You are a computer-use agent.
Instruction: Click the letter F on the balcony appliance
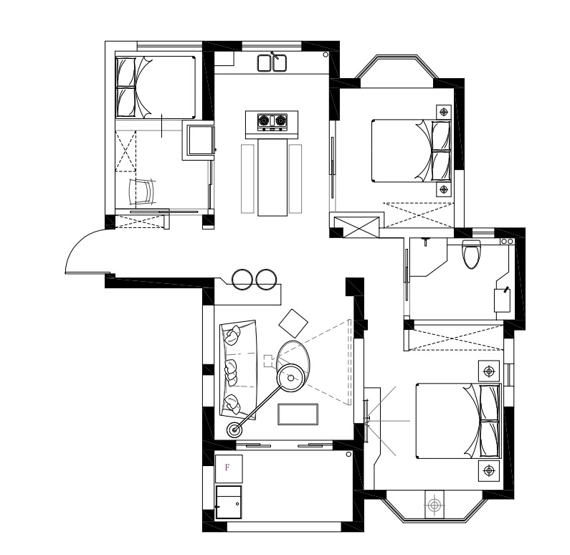pos(227,467)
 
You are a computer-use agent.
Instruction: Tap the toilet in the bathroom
pos(471,254)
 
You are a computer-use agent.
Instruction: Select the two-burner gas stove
pos(272,122)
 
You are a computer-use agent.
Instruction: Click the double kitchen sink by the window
pos(272,62)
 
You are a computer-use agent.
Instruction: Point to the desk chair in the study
pos(143,191)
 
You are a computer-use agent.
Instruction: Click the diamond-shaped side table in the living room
pos(293,323)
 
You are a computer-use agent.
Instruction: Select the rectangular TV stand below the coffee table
pos(298,414)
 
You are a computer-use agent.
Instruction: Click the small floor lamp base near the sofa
pos(235,430)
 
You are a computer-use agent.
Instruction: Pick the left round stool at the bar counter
pos(242,280)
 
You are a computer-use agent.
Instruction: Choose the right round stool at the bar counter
pos(266,280)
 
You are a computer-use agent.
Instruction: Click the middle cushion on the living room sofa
pos(231,371)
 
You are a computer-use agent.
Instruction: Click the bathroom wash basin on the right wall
pos(502,300)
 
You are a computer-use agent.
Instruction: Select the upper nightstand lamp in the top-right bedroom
pos(444,112)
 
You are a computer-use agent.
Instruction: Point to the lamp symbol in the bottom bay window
pos(434,505)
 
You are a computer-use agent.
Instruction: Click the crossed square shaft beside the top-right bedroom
pos(356,227)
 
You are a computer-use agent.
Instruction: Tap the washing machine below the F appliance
pos(228,502)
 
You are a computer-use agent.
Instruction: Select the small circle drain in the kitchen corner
pos(326,54)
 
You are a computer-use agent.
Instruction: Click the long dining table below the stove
pos(272,177)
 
